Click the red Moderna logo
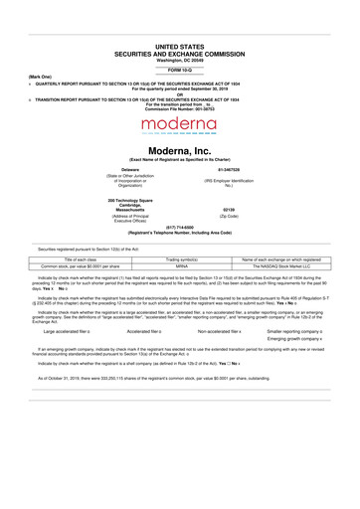click(x=179, y=125)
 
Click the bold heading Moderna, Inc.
click(x=179, y=149)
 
